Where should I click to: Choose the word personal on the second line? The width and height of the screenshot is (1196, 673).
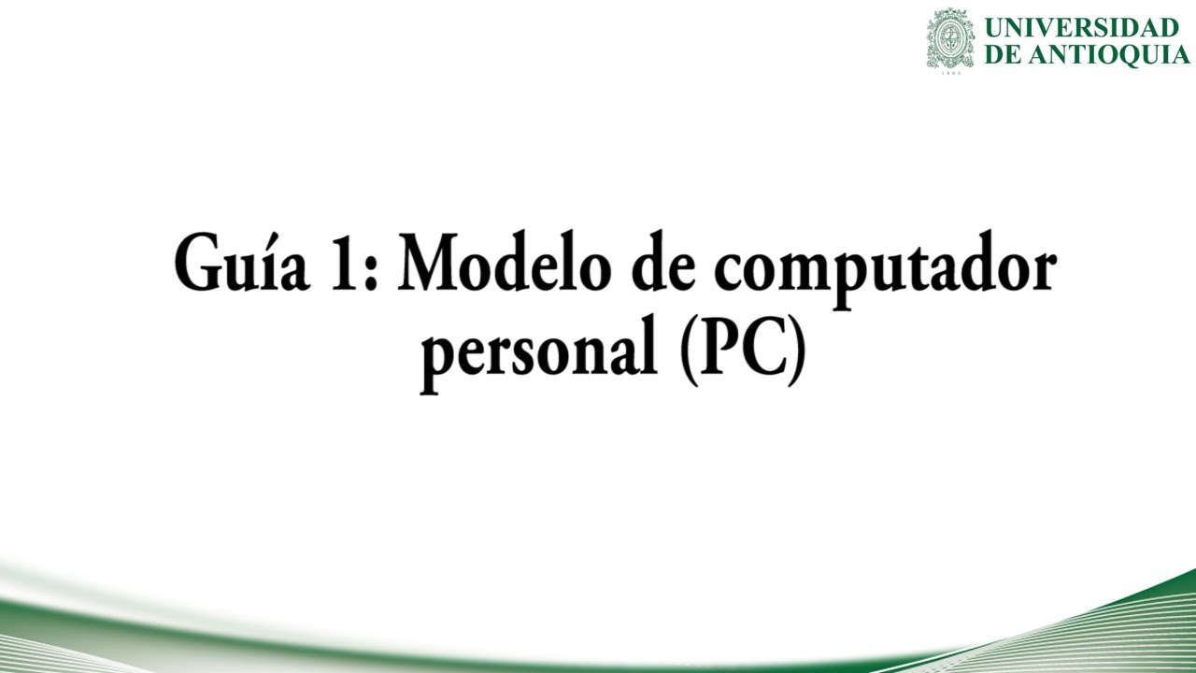click(x=536, y=355)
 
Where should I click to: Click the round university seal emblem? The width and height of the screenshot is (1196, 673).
click(x=949, y=38)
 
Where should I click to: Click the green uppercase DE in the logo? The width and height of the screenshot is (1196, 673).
click(x=1003, y=54)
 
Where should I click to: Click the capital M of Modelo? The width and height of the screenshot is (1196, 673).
click(x=427, y=267)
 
